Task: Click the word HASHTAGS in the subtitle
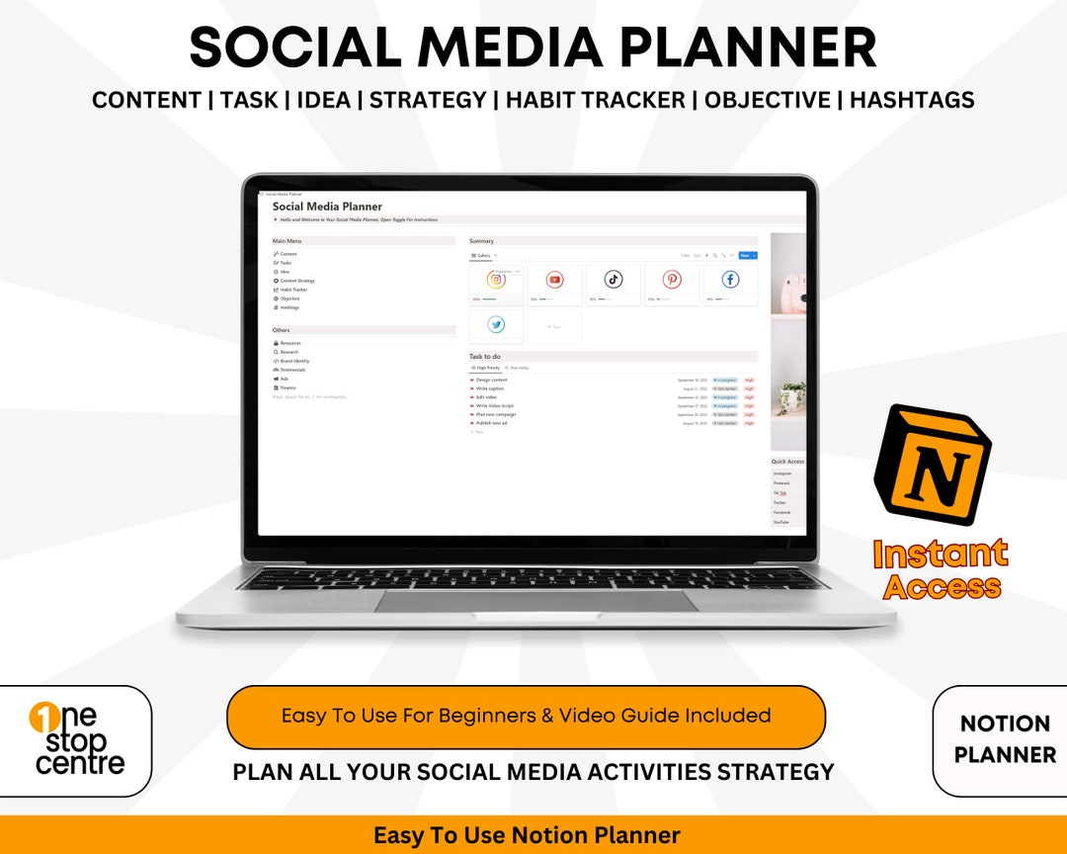point(912,100)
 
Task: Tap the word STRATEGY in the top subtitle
point(428,100)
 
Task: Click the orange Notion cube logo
point(931,465)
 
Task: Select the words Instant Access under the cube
point(940,569)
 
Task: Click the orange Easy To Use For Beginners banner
point(526,716)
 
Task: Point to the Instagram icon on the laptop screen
point(496,280)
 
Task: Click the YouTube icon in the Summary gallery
point(554,280)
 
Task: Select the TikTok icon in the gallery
point(614,280)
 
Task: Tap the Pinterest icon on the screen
point(672,280)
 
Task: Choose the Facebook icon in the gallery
point(730,280)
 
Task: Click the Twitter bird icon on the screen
point(496,324)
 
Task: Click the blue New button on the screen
point(747,255)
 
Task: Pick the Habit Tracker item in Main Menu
point(293,290)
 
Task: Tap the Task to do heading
point(485,356)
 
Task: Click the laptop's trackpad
point(535,600)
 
